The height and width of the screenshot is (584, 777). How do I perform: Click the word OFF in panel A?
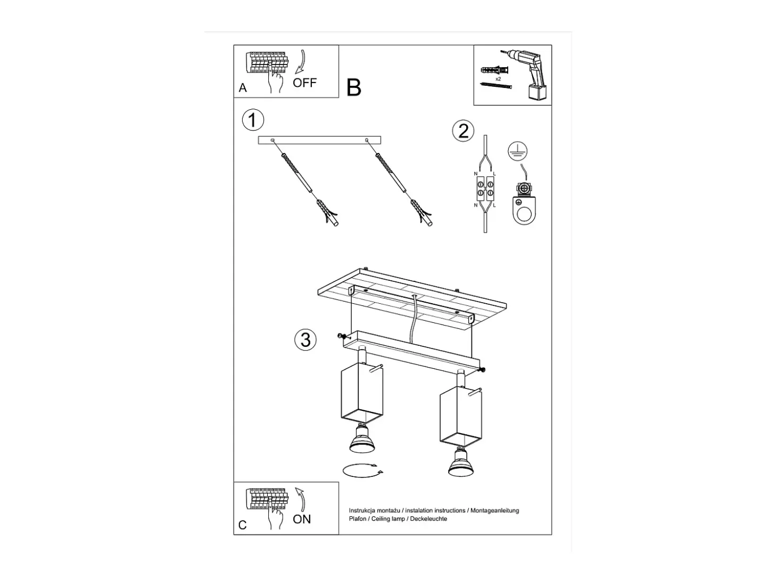pyautogui.click(x=304, y=83)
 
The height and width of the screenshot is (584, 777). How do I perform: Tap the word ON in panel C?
pyautogui.click(x=302, y=520)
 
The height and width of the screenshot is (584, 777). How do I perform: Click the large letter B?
pyautogui.click(x=353, y=87)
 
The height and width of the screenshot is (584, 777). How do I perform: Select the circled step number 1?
pyautogui.click(x=253, y=120)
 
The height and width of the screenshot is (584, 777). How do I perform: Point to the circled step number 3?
pyautogui.click(x=305, y=339)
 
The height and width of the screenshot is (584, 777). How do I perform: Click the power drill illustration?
pyautogui.click(x=526, y=75)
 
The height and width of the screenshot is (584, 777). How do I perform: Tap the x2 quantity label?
pyautogui.click(x=498, y=79)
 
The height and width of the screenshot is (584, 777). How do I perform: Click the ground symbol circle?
pyautogui.click(x=517, y=151)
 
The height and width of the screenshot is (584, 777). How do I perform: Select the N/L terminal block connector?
pyautogui.click(x=485, y=189)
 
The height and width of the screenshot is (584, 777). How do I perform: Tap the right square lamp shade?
pyautogui.click(x=460, y=417)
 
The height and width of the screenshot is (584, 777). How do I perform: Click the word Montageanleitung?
pyautogui.click(x=494, y=510)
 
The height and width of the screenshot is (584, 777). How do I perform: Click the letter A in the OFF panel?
pyautogui.click(x=243, y=87)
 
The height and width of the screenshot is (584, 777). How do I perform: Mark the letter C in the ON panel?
pyautogui.click(x=243, y=525)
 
